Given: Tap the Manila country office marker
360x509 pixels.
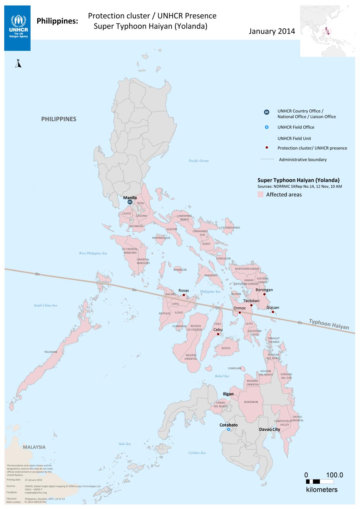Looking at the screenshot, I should pos(130,202).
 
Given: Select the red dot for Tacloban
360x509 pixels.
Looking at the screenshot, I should pos(251,305).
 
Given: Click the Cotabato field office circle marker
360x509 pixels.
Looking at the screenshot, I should pos(229,430).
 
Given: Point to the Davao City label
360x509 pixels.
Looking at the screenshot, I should pos(269,429).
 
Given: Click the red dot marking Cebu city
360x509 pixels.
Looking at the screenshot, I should pos(218,334).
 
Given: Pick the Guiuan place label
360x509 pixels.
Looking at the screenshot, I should pos(273,307).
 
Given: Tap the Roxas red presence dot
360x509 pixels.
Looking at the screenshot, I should pos(184,295).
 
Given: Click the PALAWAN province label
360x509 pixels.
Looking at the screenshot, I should pos(51,352).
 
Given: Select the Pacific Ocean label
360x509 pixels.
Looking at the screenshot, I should pos(198,161).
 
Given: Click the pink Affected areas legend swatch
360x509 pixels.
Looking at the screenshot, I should pos(260,195).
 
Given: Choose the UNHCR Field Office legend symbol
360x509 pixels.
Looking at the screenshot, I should pos(267,127).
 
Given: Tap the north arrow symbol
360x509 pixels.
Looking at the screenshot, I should pos(19,63).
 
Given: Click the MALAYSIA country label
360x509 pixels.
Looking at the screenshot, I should pos(34,447).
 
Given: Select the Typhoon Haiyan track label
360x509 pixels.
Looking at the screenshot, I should pos(329,324).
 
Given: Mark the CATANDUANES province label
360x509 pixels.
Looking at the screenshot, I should pos(230,228).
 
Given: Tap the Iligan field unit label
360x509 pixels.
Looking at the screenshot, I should pos(228,394).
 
